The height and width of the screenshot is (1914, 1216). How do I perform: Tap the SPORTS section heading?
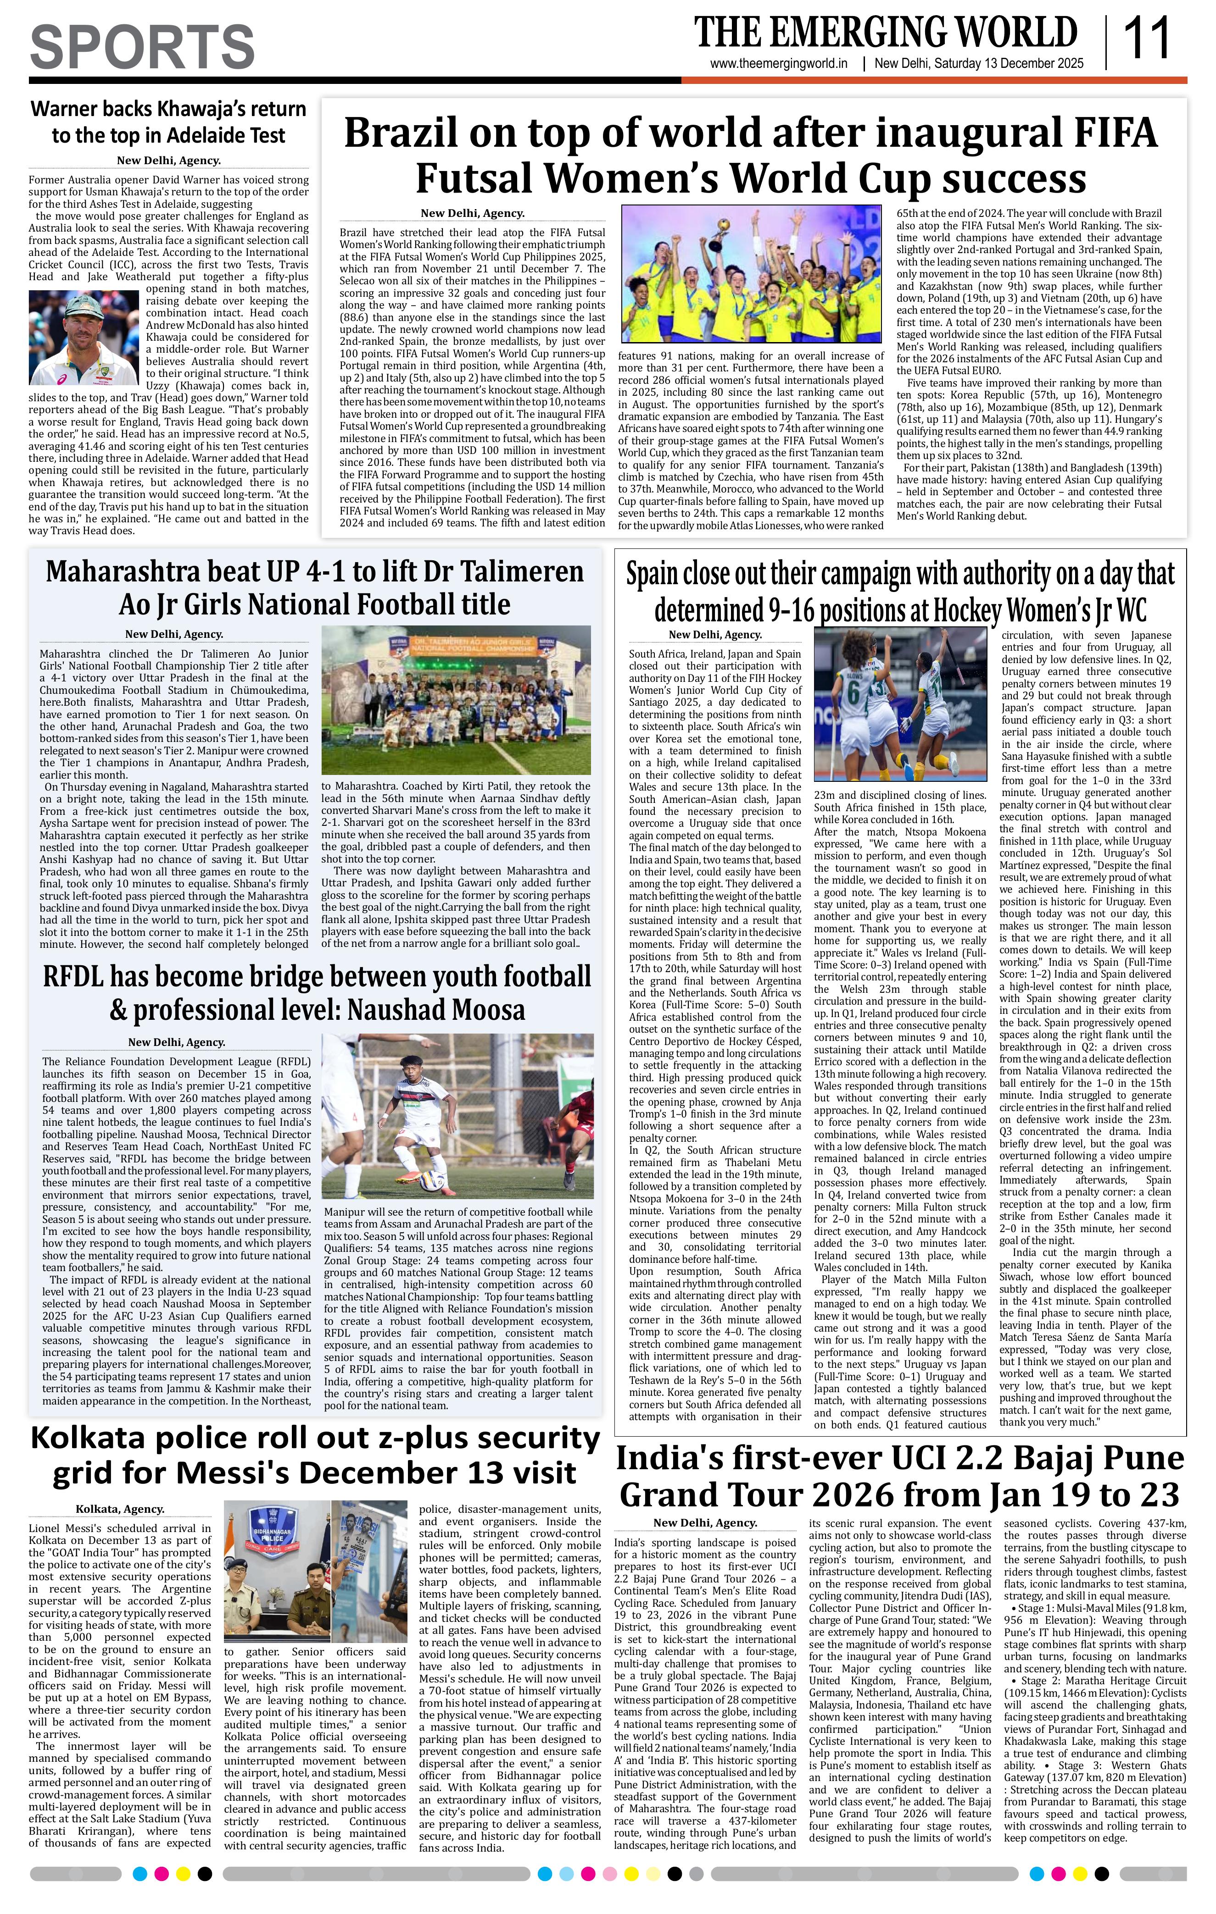pos(142,46)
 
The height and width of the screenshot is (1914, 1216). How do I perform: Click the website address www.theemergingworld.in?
pos(779,64)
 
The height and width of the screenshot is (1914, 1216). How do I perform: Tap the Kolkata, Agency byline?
pos(120,1509)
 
